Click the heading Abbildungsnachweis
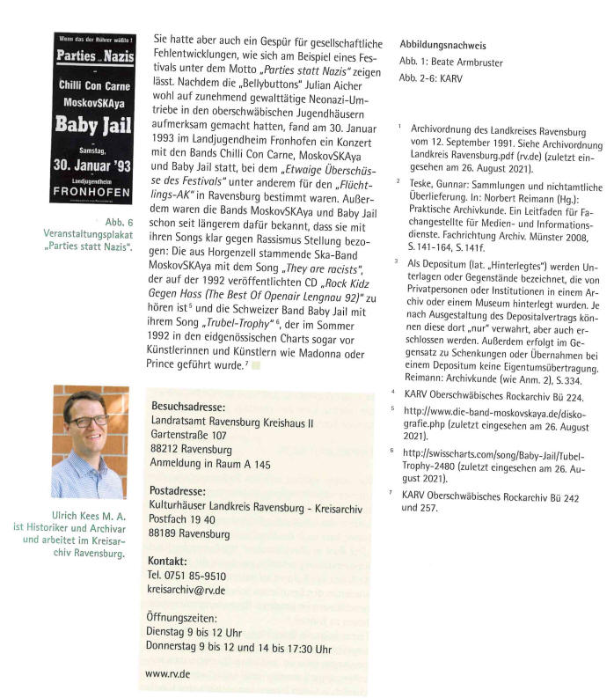[442, 45]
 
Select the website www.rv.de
[167, 673]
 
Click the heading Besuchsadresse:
[188, 408]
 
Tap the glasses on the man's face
[89, 422]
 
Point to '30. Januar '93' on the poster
[91, 164]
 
